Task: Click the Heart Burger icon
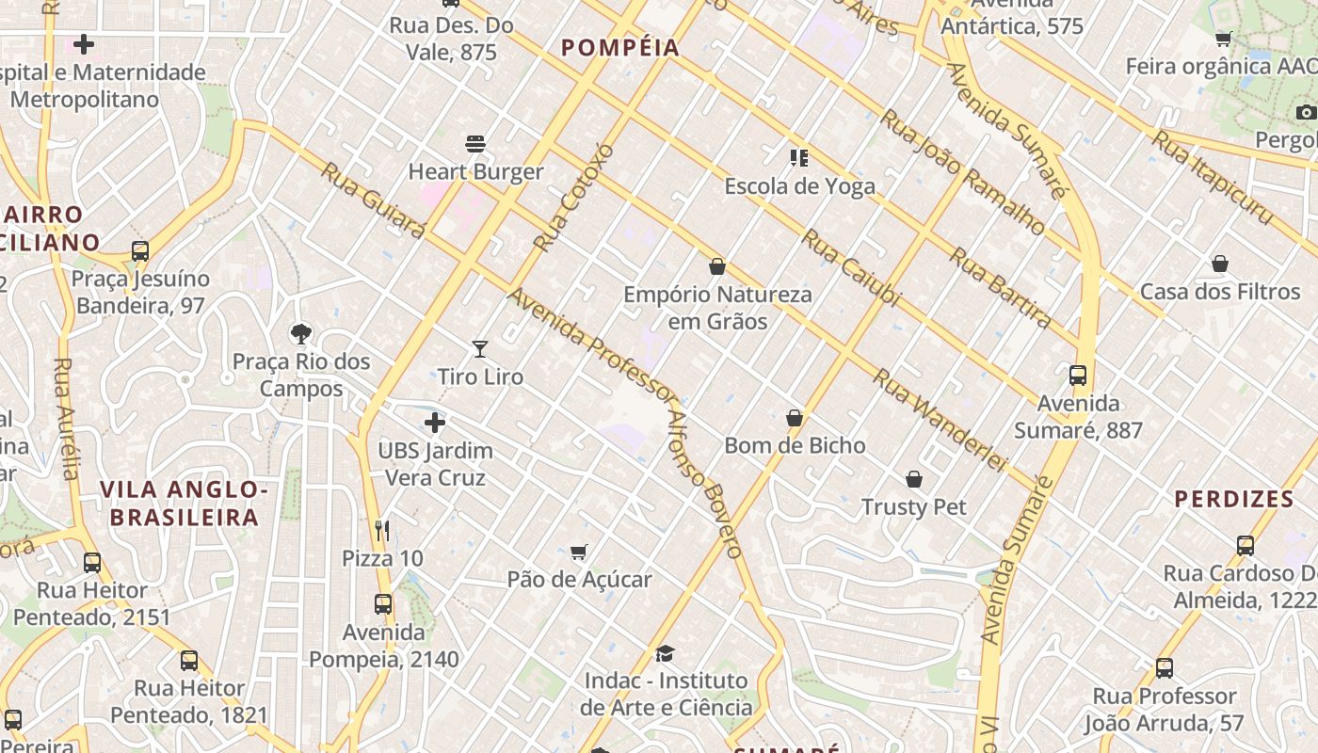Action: tap(475, 144)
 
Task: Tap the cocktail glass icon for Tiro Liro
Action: tap(480, 349)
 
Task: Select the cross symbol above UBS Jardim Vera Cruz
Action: tap(435, 423)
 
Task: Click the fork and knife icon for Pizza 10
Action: tap(381, 531)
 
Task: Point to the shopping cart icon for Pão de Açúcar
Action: tap(579, 552)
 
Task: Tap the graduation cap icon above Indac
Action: tap(666, 653)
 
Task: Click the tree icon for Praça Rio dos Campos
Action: tap(301, 333)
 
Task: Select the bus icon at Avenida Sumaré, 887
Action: tap(1078, 376)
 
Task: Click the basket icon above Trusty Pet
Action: tap(913, 479)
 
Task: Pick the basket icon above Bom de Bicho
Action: tap(795, 418)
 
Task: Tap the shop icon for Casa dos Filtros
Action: tap(1220, 264)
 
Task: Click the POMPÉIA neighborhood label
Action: tap(619, 48)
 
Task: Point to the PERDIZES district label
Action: tap(1233, 499)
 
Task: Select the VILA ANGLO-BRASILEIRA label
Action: tap(185, 504)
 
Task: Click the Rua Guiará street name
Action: tap(373, 200)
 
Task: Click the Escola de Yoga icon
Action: tap(798, 158)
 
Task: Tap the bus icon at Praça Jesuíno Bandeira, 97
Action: tap(140, 251)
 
